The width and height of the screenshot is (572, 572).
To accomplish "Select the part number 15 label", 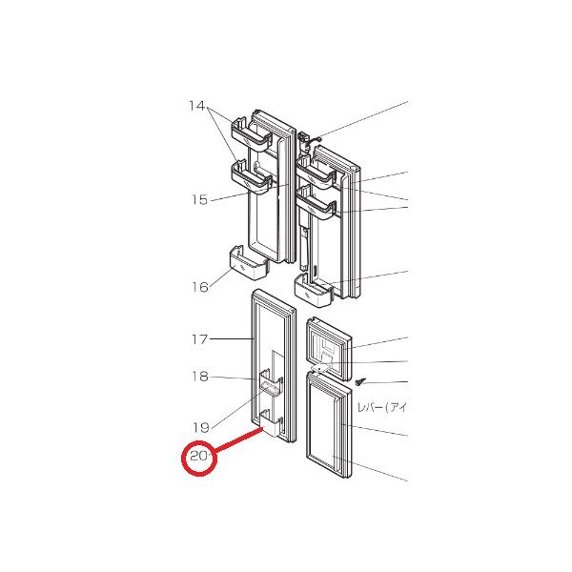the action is pyautogui.click(x=198, y=200).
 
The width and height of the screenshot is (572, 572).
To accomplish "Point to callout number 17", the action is pyautogui.click(x=198, y=338).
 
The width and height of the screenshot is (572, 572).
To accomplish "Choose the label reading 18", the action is pyautogui.click(x=198, y=378).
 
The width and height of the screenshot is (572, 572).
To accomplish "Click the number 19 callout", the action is pyautogui.click(x=198, y=427).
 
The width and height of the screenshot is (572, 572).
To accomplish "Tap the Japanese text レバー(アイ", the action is pyautogui.click(x=381, y=408).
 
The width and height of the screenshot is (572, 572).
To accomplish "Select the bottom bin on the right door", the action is pyautogui.click(x=317, y=292).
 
